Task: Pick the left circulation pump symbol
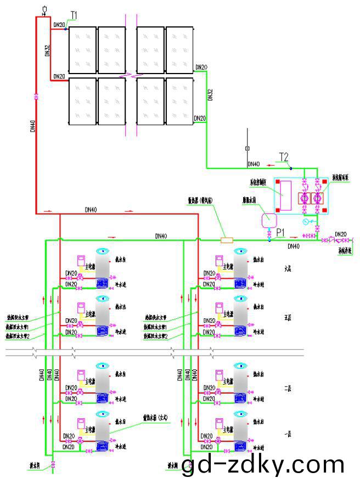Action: pyautogui.click(x=304, y=198)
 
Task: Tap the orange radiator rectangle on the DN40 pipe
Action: pyautogui.click(x=226, y=240)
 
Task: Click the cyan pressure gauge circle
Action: pyautogui.click(x=306, y=222)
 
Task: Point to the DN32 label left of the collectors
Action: pyautogui.click(x=48, y=52)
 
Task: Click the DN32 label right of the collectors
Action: pyautogui.click(x=210, y=93)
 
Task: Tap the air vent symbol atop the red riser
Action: pyautogui.click(x=44, y=9)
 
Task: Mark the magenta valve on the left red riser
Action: pyautogui.click(x=36, y=97)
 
